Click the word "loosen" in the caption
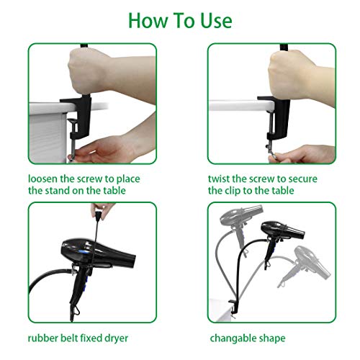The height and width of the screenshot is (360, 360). coord(48,178)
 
